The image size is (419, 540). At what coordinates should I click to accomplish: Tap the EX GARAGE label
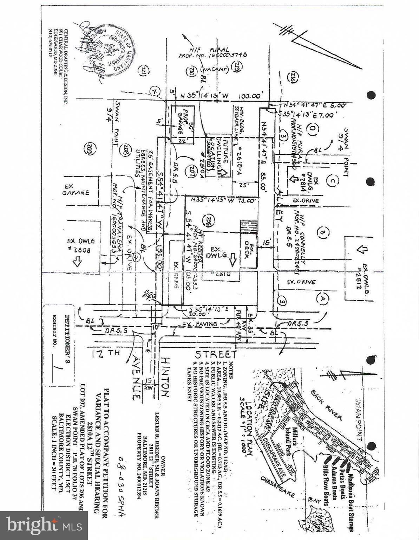(76, 190)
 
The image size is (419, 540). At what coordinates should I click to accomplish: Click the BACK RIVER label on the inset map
(327, 405)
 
